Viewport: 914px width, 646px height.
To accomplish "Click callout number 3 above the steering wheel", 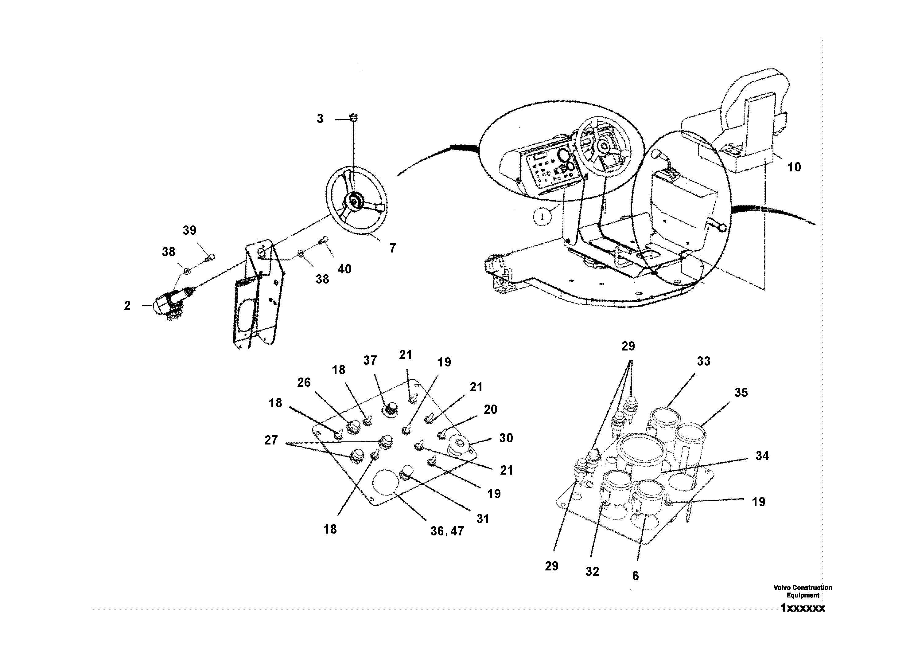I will click(320, 119).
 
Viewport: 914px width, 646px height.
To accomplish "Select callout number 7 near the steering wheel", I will click(392, 249).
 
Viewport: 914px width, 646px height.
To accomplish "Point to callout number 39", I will click(189, 230).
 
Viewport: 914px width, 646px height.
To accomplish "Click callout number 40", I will click(344, 269).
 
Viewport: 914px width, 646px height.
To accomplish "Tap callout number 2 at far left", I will click(127, 306).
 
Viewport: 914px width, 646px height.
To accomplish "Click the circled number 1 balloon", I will click(543, 217).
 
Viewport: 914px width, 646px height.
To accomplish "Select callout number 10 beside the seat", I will click(794, 167).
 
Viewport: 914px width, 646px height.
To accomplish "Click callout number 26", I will click(304, 383).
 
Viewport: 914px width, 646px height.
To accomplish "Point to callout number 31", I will click(483, 519).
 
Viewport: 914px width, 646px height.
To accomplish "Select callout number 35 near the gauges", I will click(741, 393).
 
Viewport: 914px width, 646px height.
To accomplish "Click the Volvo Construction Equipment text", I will click(803, 591).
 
